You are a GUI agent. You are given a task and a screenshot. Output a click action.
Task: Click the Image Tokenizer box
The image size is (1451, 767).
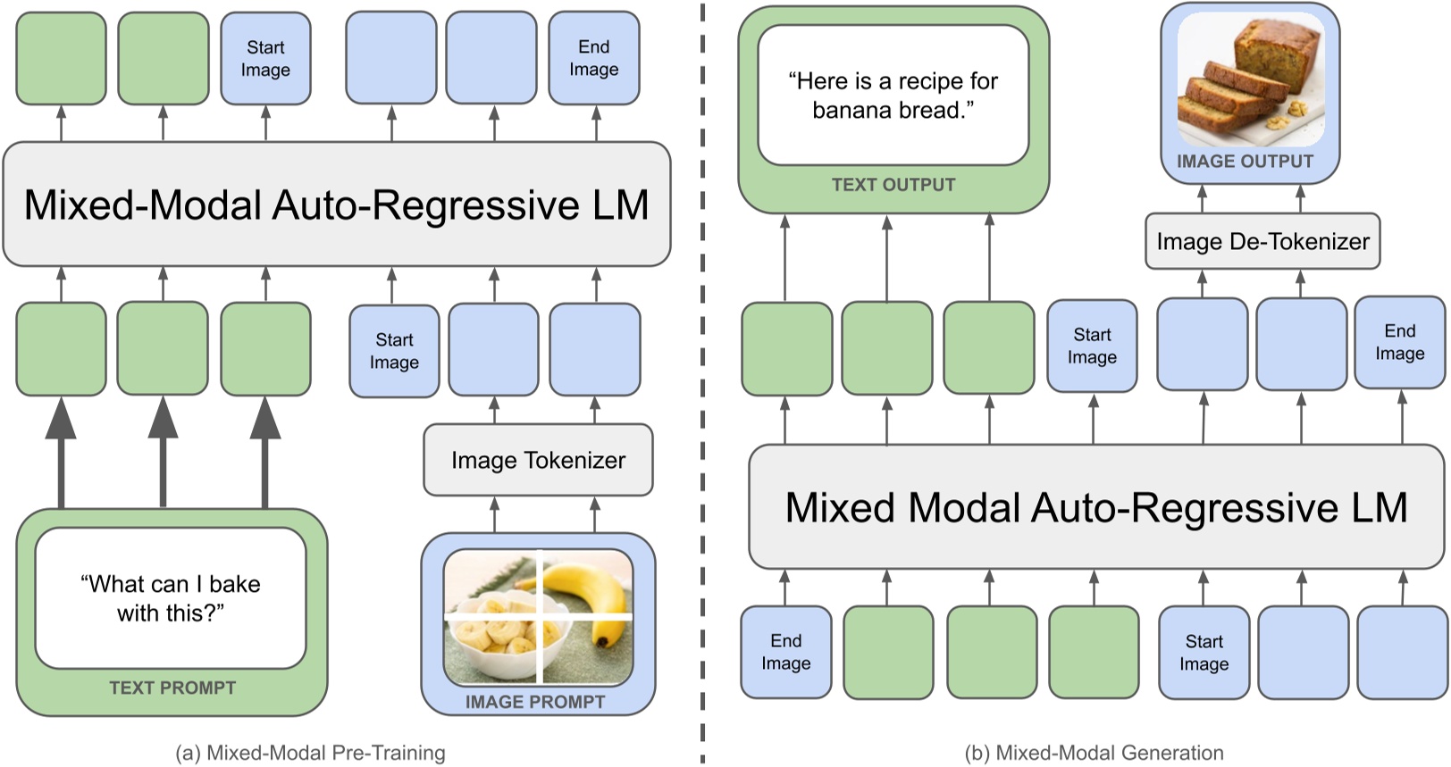(x=538, y=460)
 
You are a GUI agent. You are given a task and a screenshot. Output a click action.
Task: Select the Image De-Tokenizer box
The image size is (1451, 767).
(x=1262, y=241)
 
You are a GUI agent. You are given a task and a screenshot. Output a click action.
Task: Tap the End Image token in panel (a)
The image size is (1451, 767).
(x=594, y=58)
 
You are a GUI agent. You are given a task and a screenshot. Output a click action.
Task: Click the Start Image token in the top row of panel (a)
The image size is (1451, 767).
(x=265, y=58)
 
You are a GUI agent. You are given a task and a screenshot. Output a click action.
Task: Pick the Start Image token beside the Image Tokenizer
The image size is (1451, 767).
(x=394, y=351)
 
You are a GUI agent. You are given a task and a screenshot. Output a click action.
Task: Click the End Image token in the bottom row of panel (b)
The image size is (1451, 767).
(x=785, y=652)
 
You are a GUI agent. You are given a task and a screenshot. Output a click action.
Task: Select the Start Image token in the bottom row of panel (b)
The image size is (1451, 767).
(x=1204, y=653)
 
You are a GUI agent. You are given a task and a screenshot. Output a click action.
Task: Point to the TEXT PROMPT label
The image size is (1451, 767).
(x=172, y=688)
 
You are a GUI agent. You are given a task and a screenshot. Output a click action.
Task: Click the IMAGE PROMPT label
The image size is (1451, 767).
(x=534, y=702)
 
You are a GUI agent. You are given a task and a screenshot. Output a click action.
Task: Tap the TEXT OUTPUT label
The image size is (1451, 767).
(x=893, y=185)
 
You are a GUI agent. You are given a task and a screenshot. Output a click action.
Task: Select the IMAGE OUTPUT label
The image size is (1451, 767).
(x=1245, y=162)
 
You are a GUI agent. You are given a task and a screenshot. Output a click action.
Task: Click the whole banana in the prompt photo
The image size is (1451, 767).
(x=590, y=594)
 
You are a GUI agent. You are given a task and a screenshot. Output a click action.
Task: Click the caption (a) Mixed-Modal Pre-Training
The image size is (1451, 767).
(x=310, y=753)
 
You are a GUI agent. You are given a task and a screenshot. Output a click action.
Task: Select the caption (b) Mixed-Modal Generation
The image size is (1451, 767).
(x=1094, y=753)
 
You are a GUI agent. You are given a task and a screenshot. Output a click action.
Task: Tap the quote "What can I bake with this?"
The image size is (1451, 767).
(x=170, y=598)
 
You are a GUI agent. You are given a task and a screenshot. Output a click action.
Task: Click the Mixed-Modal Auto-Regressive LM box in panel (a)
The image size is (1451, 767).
(x=336, y=204)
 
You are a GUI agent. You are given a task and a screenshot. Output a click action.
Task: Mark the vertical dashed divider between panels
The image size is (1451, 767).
(x=703, y=384)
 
